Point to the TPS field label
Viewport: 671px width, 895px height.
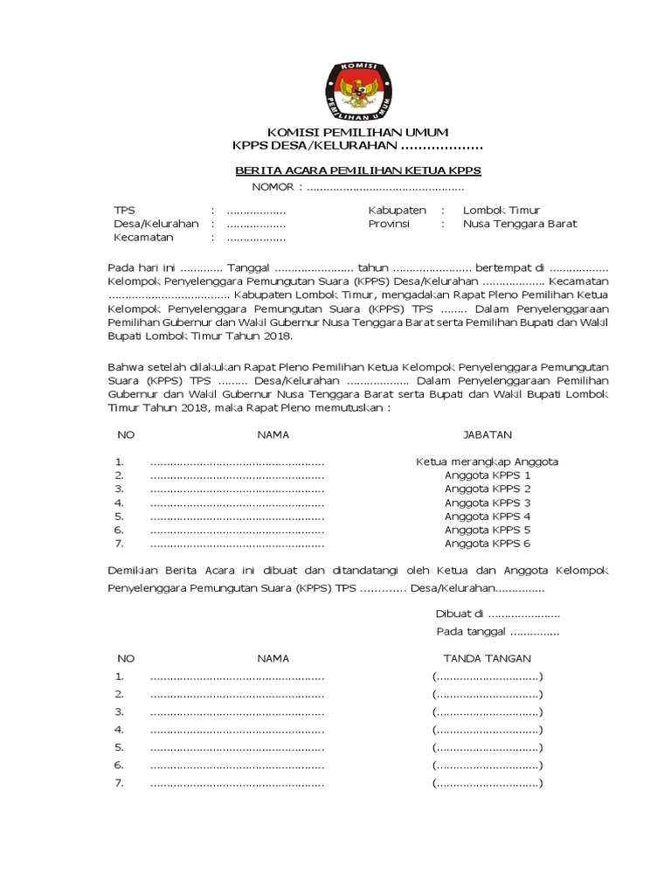[125, 211]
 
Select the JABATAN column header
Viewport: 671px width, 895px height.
[487, 434]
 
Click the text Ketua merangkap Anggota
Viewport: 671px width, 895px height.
[487, 461]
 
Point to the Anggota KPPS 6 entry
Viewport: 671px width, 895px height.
[488, 544]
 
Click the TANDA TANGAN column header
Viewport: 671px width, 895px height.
[487, 658]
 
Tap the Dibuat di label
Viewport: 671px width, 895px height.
[460, 614]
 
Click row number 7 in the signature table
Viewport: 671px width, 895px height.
[120, 782]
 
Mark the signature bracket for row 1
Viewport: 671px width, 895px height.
[487, 676]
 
